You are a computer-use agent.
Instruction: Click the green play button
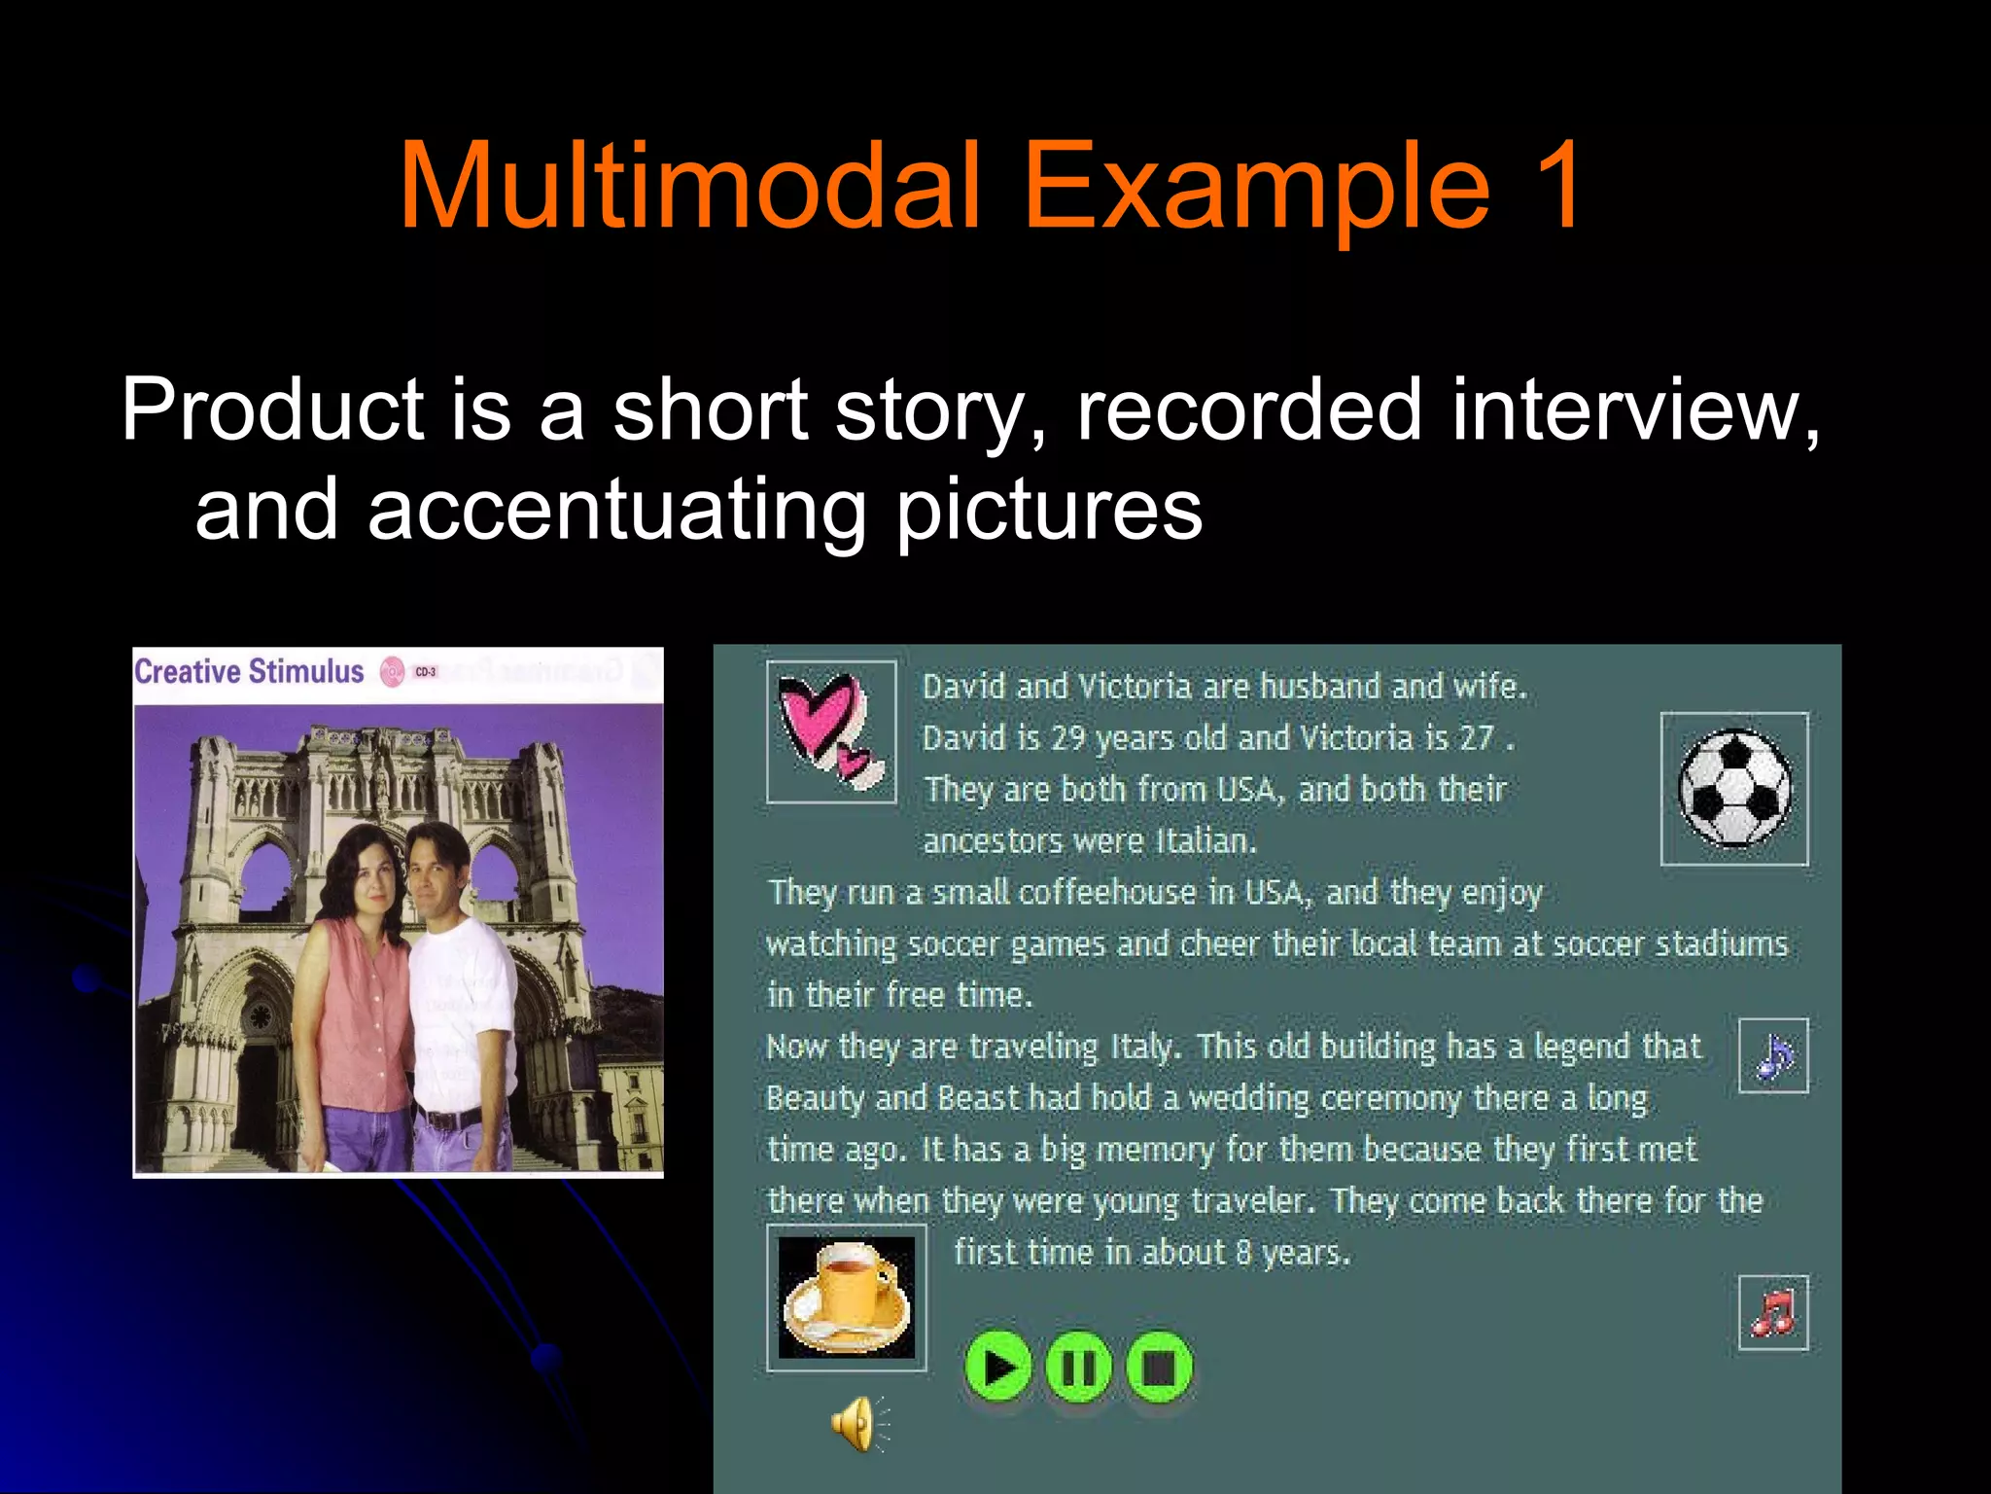click(x=998, y=1368)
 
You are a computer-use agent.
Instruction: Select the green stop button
click(x=1159, y=1368)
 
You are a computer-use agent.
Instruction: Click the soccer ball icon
click(x=1734, y=789)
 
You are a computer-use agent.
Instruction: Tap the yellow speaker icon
click(x=856, y=1424)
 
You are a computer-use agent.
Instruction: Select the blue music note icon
click(x=1773, y=1056)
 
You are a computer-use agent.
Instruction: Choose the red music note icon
click(x=1773, y=1313)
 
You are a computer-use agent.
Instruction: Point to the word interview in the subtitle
click(x=1633, y=410)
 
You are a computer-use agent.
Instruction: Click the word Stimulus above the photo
click(x=305, y=671)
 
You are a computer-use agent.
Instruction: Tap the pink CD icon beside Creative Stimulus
click(x=392, y=672)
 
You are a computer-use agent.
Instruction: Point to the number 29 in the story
click(x=1067, y=738)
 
